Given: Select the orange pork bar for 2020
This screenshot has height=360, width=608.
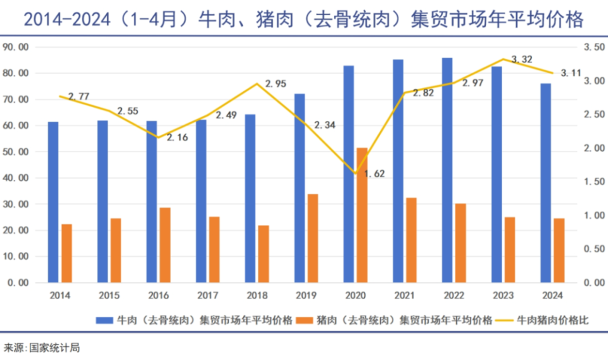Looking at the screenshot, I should coord(362,215).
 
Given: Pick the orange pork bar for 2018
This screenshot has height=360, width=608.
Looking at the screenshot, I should coord(263,254).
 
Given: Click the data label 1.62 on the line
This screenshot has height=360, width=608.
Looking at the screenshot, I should coord(374,173).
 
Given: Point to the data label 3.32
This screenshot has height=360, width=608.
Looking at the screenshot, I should coord(521,59).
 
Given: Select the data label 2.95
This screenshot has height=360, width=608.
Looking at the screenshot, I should coord(275,83).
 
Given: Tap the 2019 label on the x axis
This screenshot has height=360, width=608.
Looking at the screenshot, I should coord(306,295).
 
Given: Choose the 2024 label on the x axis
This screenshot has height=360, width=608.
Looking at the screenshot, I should coord(552,295).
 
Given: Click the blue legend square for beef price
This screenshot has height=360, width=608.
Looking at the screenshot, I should coord(104,320).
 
